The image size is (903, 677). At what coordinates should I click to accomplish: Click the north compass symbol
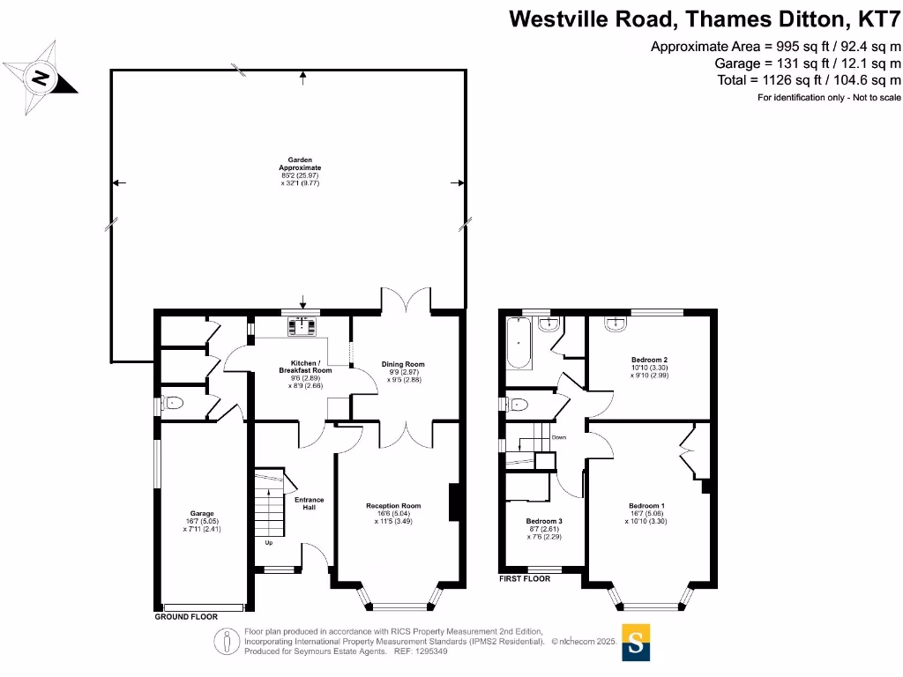(x=41, y=78)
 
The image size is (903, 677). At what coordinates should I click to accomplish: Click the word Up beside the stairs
(x=268, y=542)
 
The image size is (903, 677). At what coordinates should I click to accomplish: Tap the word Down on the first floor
(x=558, y=437)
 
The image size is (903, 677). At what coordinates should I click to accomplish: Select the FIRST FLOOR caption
(x=524, y=579)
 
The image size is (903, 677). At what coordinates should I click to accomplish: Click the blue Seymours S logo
(x=635, y=643)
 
